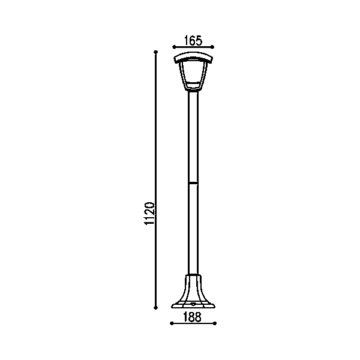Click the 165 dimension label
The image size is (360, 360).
193,40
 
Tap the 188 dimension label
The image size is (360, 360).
193,317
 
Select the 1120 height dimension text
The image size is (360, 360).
149,214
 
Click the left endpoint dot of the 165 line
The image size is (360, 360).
174,47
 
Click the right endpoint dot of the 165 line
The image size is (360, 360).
212,47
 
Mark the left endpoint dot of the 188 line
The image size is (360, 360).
172,323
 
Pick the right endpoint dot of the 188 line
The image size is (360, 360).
215,323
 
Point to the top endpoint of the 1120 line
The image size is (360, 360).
155,52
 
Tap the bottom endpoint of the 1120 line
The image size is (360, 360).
155,308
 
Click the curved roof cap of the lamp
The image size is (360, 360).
193,56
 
